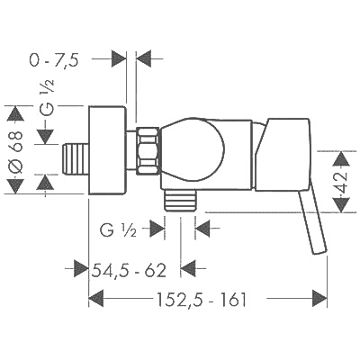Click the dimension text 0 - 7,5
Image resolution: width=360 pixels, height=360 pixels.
pos(54,60)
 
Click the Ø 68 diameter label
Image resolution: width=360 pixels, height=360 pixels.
pos(15,152)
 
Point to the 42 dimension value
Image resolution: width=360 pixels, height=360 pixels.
pos(342,182)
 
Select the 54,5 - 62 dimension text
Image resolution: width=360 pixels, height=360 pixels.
pos(129,271)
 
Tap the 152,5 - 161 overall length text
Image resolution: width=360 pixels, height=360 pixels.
pos(202,299)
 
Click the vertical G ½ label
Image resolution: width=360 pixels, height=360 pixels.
pos(47,98)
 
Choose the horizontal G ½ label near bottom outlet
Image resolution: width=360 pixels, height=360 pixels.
pos(118,230)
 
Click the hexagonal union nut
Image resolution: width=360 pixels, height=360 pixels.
pos(148,150)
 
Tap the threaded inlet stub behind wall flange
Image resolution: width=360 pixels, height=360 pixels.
pos(76,158)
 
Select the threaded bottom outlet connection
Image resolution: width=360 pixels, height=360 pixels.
pos(180,201)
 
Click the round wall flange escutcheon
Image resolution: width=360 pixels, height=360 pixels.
pos(107,150)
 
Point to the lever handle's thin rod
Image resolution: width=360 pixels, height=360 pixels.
pos(312,222)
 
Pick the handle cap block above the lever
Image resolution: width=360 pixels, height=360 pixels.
pos(282,154)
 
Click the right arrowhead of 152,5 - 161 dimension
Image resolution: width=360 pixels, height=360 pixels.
pos(319,299)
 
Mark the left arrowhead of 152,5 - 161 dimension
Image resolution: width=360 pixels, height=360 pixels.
pos(96,299)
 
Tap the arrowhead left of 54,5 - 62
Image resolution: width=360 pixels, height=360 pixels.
pos(81,268)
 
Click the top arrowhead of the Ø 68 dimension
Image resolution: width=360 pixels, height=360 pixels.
pos(15,113)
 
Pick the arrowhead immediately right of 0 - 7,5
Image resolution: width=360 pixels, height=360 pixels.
pos(143,58)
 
